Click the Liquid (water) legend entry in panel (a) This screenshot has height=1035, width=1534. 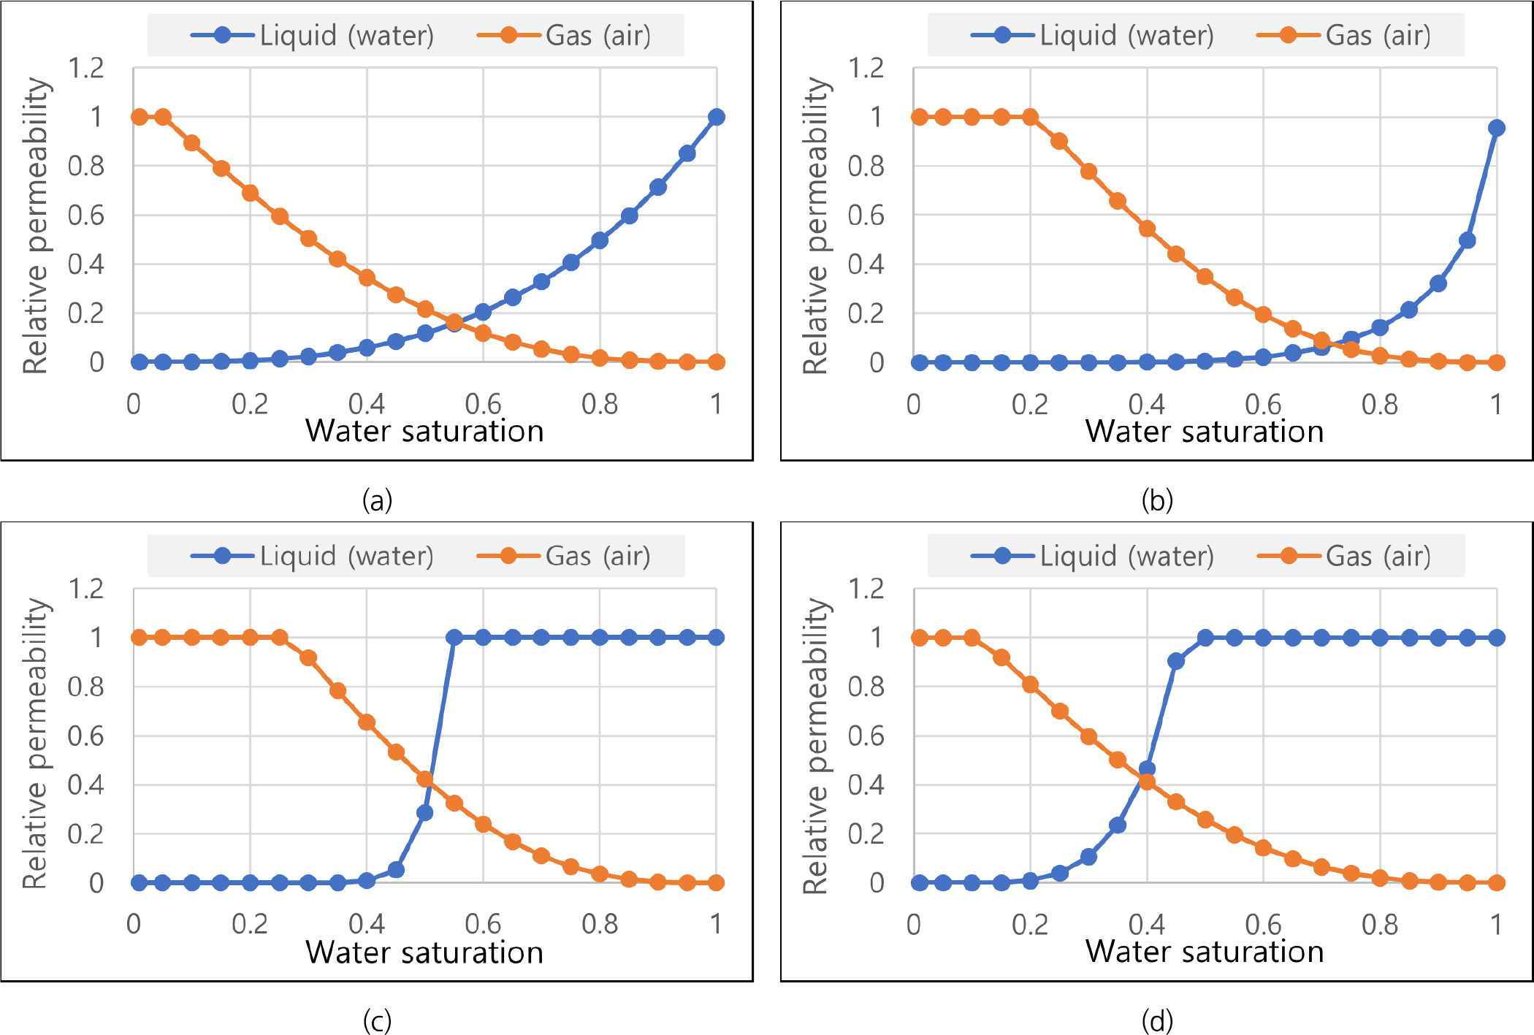tap(313, 35)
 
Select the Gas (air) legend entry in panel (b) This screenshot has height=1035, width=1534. tap(1344, 35)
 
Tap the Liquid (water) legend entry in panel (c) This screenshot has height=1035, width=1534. tap(313, 556)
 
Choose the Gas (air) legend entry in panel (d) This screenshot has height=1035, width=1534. tap(1344, 556)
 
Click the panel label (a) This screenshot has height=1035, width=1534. tap(377, 500)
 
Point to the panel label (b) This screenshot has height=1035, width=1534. tap(1157, 500)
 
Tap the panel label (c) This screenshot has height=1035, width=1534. tap(377, 1020)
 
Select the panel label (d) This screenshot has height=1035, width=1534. tap(1157, 1020)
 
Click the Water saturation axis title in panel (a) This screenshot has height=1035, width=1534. tap(424, 431)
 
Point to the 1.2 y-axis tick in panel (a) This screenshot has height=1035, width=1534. tap(86, 69)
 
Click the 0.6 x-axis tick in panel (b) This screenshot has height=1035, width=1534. tap(1263, 404)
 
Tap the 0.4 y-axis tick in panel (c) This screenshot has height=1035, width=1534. tap(86, 785)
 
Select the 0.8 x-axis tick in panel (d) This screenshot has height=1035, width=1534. tap(1380, 925)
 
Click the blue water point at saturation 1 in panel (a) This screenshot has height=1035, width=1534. tap(717, 117)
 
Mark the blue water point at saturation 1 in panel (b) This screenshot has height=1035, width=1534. tap(1496, 128)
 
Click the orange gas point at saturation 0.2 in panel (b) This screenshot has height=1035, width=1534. tap(1030, 117)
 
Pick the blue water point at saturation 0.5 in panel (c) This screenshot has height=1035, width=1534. tap(424, 812)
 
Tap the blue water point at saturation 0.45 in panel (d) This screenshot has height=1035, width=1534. tap(1176, 661)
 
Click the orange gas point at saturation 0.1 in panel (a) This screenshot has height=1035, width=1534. tap(191, 142)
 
